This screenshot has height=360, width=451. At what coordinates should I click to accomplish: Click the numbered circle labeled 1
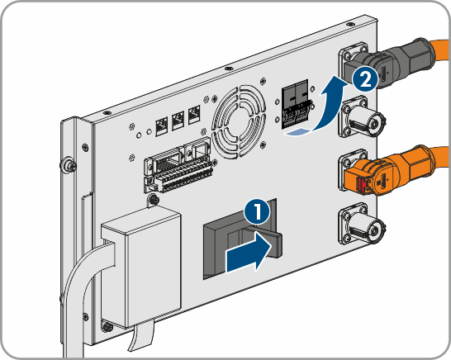click(257, 212)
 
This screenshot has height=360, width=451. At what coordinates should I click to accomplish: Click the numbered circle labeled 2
click(365, 79)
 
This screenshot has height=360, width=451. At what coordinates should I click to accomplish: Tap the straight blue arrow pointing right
click(249, 252)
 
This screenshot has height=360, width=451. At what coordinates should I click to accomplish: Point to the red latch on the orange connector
click(362, 184)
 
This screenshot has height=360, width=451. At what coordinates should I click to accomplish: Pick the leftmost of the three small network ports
click(162, 126)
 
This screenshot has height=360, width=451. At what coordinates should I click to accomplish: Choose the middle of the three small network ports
click(178, 121)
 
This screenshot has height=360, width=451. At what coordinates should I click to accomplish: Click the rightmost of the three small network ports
click(194, 115)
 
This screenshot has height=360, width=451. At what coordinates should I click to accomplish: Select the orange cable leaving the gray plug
click(440, 50)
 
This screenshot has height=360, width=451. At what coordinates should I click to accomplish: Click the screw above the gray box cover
click(154, 199)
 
